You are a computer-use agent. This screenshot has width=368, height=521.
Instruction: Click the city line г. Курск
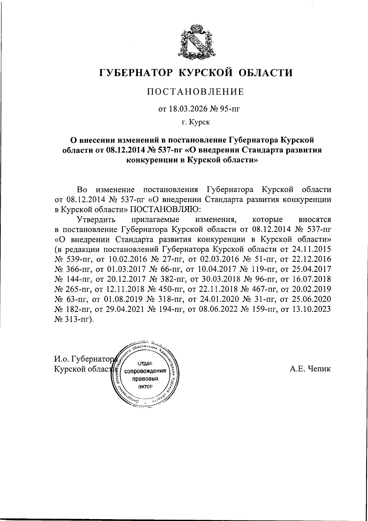click(195, 122)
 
